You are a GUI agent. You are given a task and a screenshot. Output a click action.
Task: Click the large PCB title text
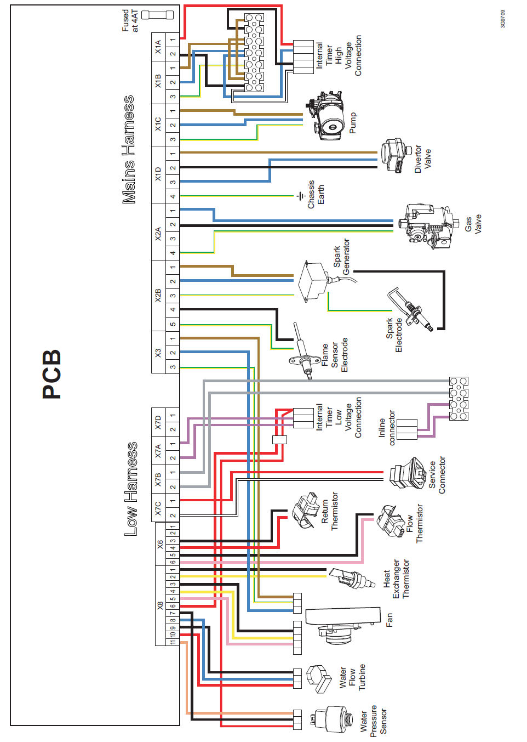click(x=52, y=374)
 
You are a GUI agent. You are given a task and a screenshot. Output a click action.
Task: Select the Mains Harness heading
click(x=129, y=150)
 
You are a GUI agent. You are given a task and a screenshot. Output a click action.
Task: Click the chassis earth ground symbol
click(x=300, y=196)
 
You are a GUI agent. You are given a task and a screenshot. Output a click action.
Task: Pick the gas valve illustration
click(x=427, y=225)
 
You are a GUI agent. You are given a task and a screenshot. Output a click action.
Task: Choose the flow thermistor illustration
click(x=390, y=521)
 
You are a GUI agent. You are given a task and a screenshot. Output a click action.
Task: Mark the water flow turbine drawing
click(x=319, y=679)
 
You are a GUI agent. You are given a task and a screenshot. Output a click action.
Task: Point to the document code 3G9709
click(x=503, y=19)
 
